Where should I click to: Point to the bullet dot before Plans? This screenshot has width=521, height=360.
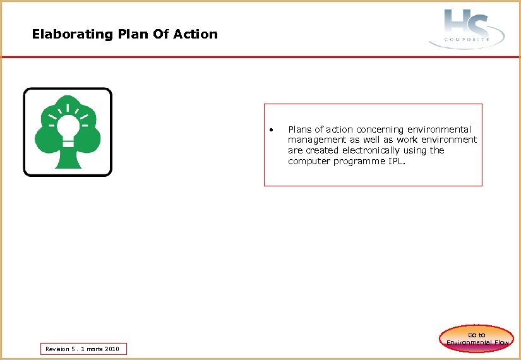[x=270, y=130]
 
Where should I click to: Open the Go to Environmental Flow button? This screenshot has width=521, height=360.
[x=477, y=339]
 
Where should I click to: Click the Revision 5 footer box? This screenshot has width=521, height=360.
[x=83, y=349]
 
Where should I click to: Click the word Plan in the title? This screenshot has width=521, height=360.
[x=131, y=34]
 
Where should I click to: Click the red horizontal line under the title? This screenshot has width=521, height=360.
[x=260, y=57]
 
